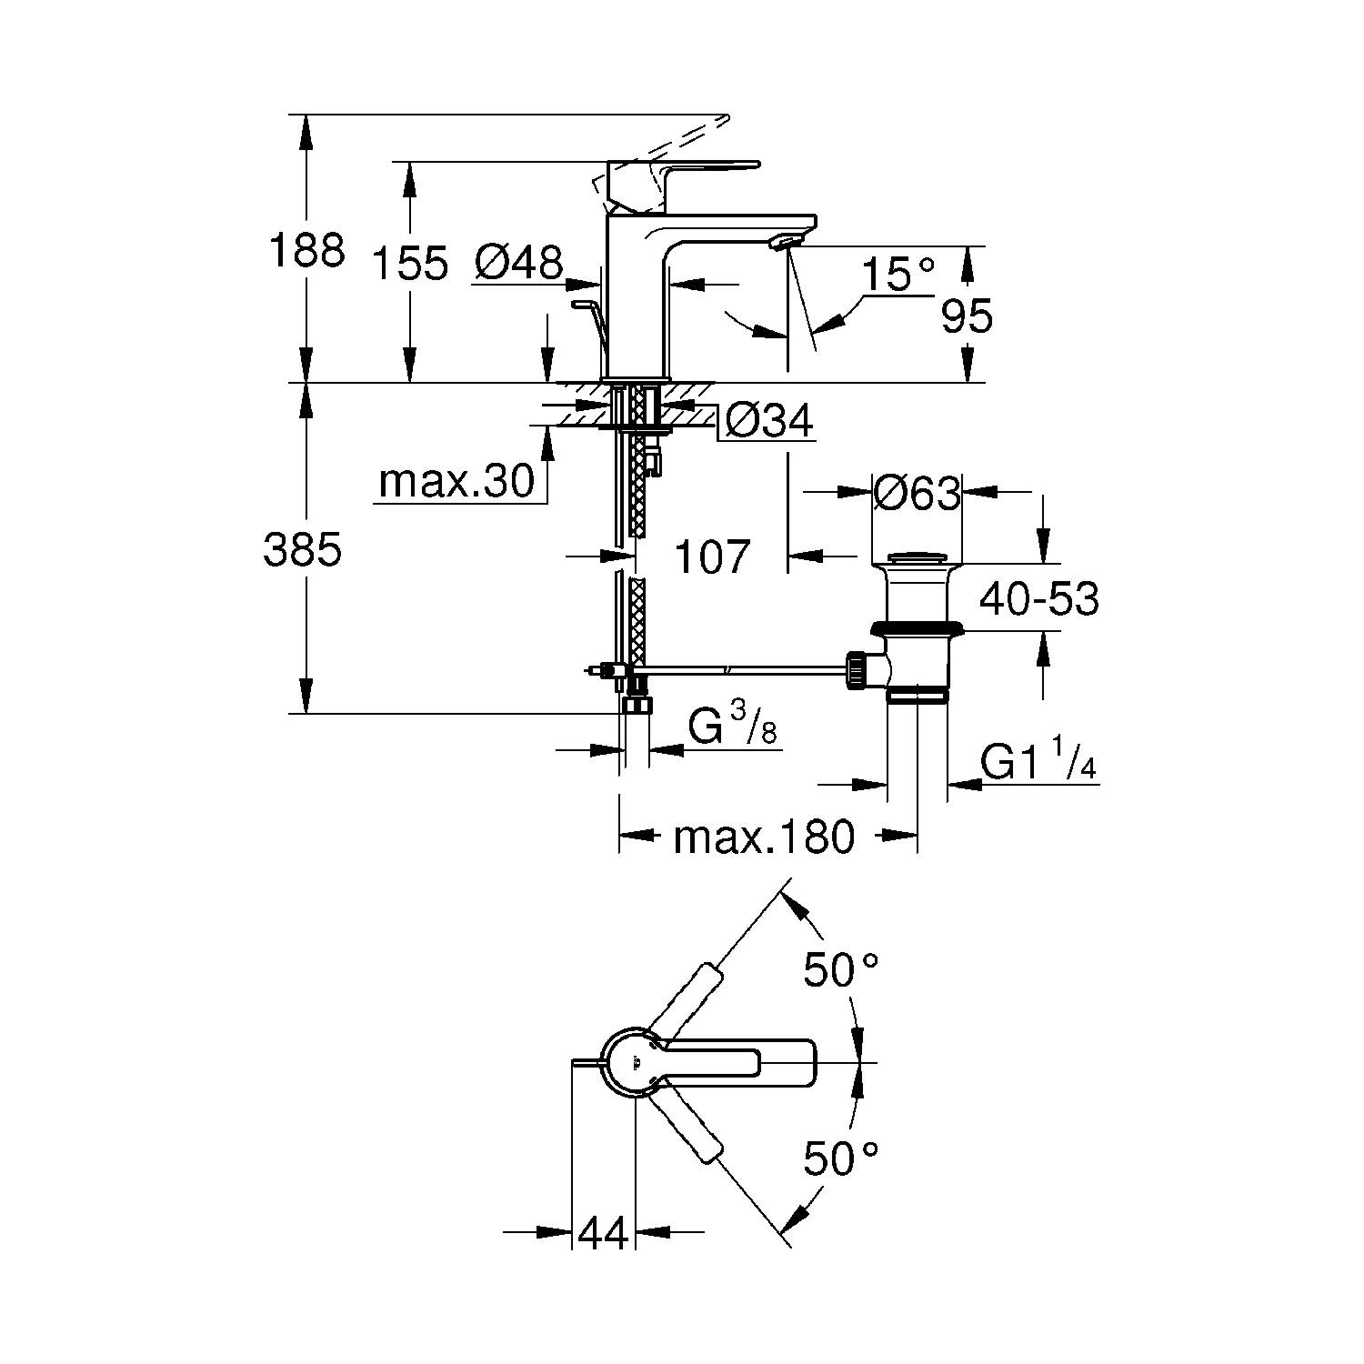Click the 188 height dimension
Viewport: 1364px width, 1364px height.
(306, 250)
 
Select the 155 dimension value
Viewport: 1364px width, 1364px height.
(410, 264)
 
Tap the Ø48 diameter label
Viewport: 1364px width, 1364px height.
(518, 263)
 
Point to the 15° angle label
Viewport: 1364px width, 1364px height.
(898, 274)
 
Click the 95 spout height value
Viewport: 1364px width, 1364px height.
(967, 316)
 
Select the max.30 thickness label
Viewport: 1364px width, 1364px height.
(456, 481)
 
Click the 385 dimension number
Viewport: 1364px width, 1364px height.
(302, 550)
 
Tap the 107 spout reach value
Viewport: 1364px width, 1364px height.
(712, 557)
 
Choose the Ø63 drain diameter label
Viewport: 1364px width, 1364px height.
(917, 494)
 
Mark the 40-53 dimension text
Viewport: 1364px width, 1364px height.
(1038, 599)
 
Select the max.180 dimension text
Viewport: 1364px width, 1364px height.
(764, 837)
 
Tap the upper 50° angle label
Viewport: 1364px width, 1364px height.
(840, 970)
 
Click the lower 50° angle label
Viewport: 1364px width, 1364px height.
(840, 1159)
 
